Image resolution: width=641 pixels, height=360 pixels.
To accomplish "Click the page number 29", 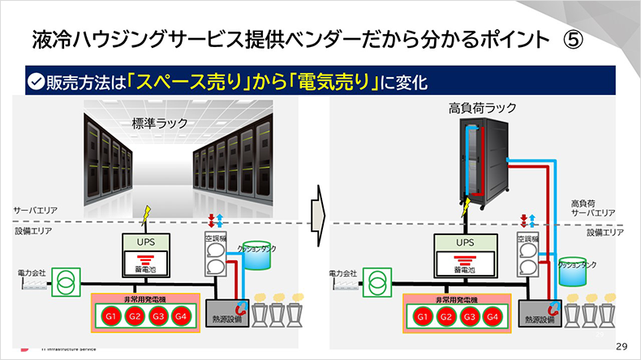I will coord(622,345).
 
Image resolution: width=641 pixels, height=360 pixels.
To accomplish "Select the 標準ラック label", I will coord(159,123).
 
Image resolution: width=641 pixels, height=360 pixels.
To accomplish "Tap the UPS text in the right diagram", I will coord(464,242).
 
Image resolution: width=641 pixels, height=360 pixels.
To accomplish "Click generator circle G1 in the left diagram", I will coord(110,315).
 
